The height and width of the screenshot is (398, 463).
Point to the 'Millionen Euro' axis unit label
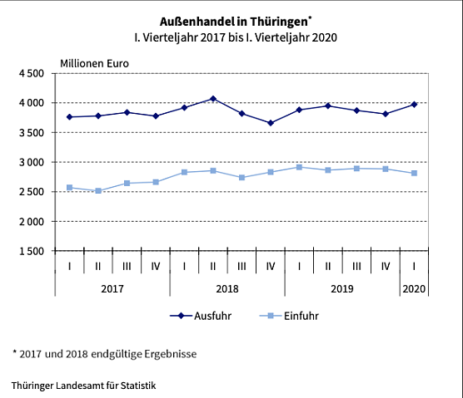pos(94,62)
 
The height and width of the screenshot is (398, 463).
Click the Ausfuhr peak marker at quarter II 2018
pos(213,99)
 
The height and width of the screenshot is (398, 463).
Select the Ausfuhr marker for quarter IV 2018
pos(271,123)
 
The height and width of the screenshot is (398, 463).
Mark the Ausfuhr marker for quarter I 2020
pos(414,104)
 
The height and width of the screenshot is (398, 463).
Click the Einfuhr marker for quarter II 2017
pos(98,191)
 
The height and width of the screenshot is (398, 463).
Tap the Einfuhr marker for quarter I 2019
pos(299,167)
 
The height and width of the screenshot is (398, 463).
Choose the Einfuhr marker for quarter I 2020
pos(414,173)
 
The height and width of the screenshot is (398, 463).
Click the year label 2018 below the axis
pos(227,287)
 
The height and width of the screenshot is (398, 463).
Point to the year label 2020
pos(414,287)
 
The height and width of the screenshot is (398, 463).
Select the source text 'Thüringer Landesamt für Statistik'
pos(83,386)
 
